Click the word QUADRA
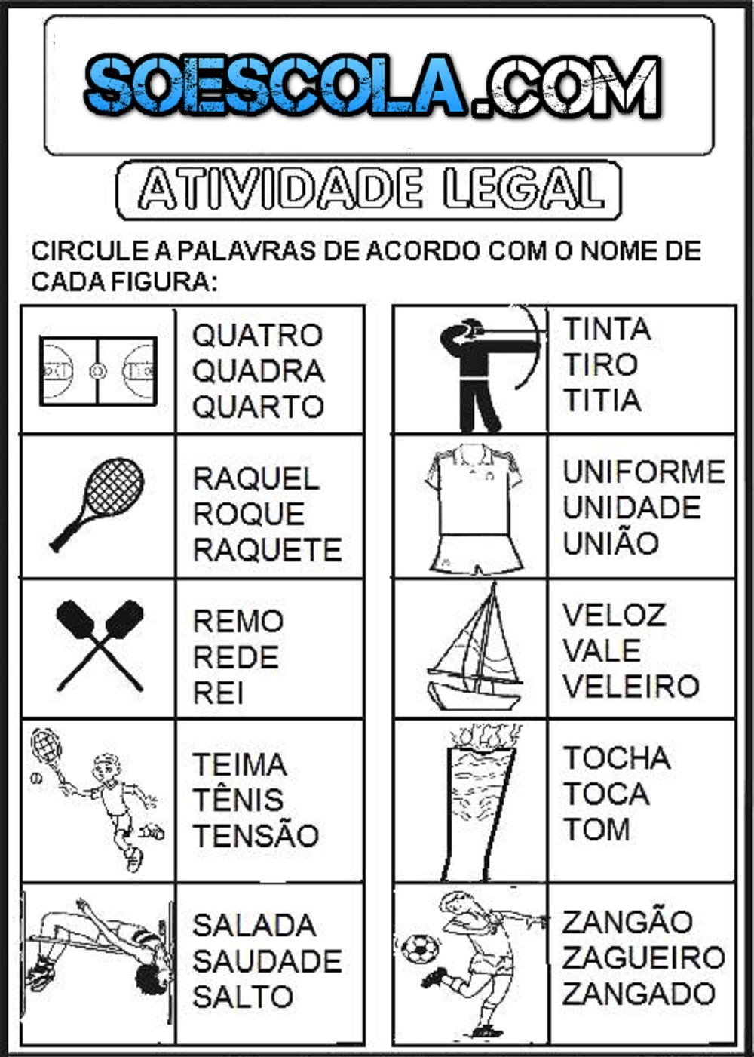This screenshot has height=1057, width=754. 258,371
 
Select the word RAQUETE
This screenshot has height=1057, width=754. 268,549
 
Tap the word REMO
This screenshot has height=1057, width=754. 238,621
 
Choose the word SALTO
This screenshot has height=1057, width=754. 243,997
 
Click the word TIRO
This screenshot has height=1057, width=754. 601,364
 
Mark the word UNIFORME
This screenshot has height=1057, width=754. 644,472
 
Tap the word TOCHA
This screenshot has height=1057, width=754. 617,757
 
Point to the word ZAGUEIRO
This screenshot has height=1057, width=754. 643,957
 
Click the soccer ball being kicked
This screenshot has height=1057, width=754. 419,949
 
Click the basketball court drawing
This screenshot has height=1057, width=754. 99,371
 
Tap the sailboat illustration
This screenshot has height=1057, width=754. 474,647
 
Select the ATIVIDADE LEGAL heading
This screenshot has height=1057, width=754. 369,190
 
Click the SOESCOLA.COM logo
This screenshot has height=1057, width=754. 373,85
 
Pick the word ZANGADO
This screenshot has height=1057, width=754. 639,994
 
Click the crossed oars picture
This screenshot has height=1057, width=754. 100,646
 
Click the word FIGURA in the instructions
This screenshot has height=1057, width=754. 164,281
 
